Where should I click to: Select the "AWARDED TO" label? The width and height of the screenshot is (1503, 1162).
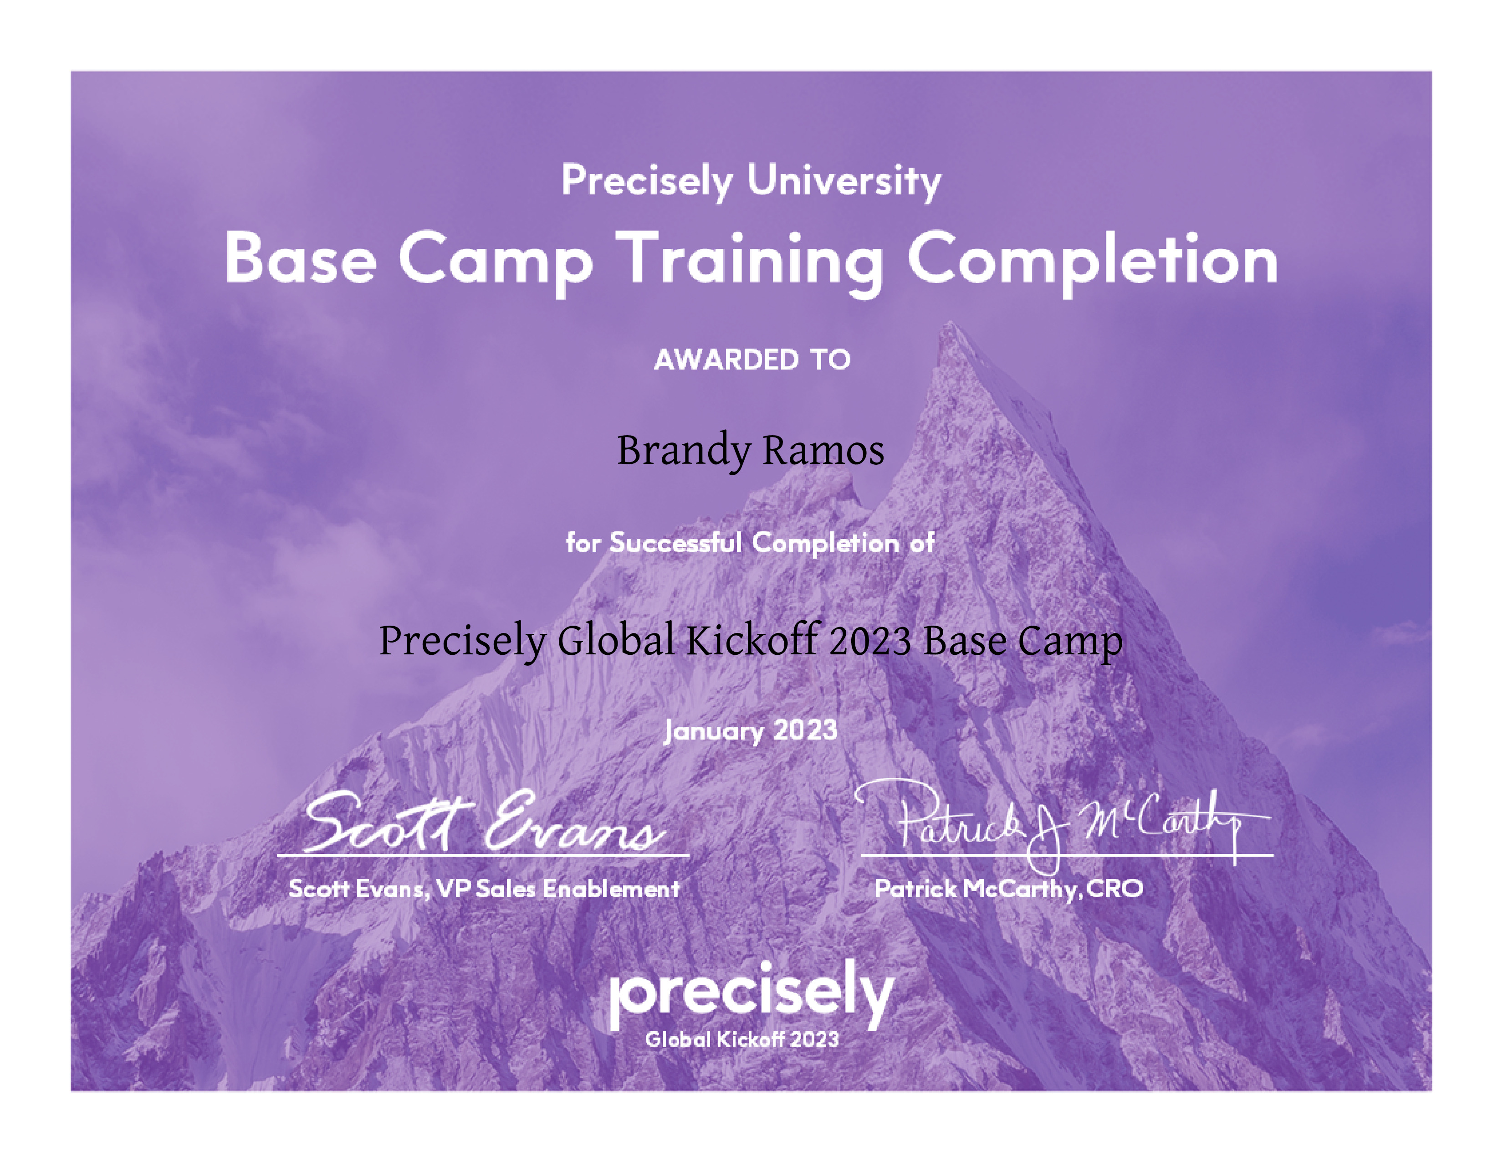tap(752, 360)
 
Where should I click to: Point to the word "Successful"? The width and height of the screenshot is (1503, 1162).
tap(676, 543)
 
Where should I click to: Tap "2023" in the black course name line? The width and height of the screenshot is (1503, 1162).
tap(870, 641)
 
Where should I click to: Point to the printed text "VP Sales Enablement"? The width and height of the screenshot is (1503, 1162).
tap(558, 889)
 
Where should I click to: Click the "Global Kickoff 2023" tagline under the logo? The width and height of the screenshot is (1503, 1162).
tap(742, 1039)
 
